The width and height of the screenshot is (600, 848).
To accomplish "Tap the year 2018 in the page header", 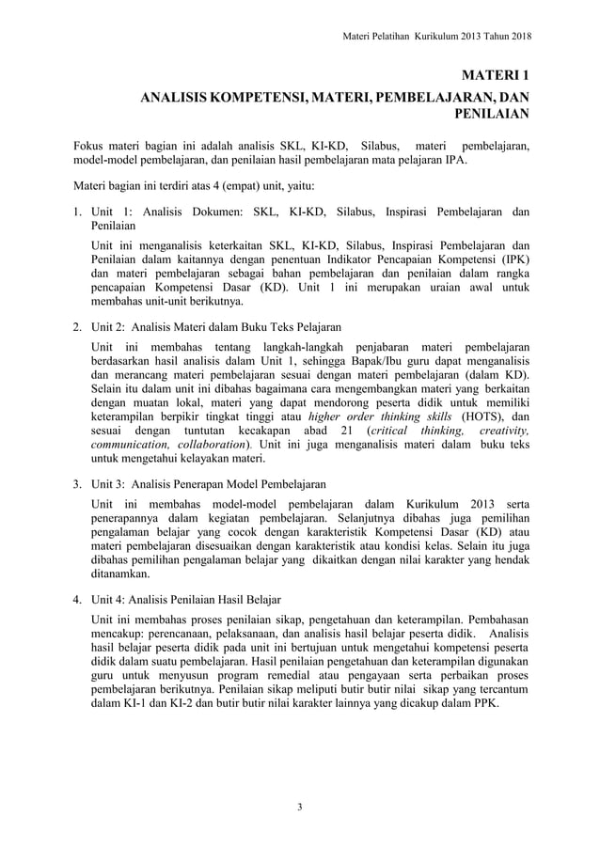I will click(x=513, y=37).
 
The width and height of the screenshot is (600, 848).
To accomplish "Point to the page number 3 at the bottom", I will click(x=299, y=807).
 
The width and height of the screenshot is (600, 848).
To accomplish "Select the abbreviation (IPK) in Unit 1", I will click(x=512, y=259).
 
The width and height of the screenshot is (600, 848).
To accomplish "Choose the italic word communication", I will click(x=128, y=446).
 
